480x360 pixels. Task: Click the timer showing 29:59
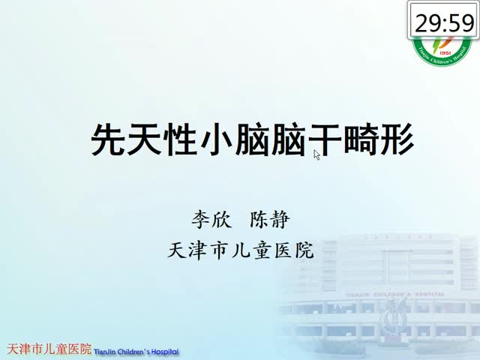[443, 20]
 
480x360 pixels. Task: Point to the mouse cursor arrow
[316, 155]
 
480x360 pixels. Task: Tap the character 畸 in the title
[361, 139]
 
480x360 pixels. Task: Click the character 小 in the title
[217, 139]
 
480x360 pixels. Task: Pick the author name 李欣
[211, 220]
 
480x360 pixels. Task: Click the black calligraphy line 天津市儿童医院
[241, 250]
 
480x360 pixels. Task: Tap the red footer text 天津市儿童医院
[49, 349]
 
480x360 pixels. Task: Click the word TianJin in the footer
[105, 352]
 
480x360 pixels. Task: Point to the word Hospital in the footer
[165, 352]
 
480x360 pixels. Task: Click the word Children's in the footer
[133, 352]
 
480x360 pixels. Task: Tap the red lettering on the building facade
[395, 295]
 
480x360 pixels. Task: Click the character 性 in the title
[181, 139]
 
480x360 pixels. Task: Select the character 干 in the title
[325, 139]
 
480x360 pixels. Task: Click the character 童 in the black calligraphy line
[263, 250]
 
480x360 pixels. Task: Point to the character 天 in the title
[145, 139]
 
